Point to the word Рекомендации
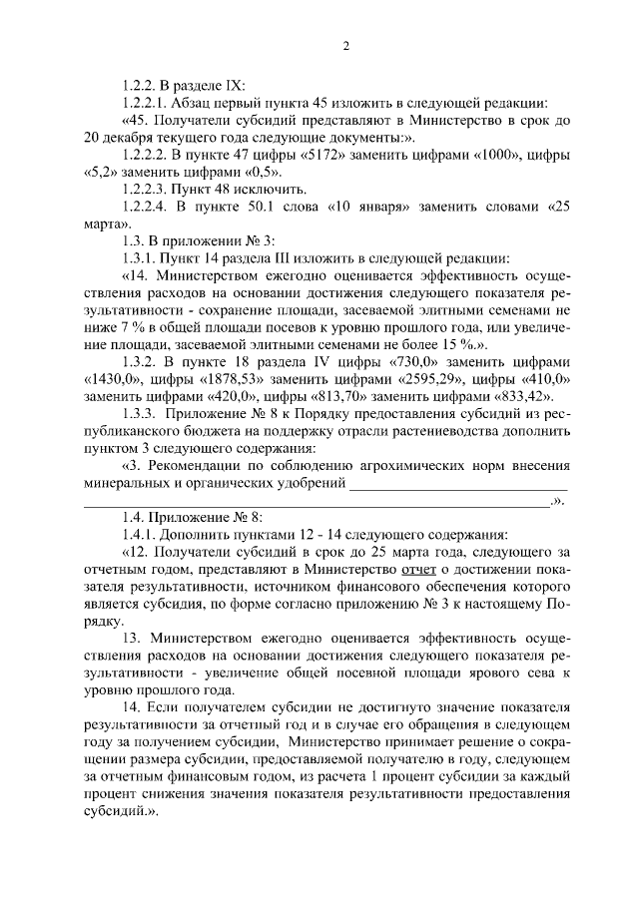coord(201,464)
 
